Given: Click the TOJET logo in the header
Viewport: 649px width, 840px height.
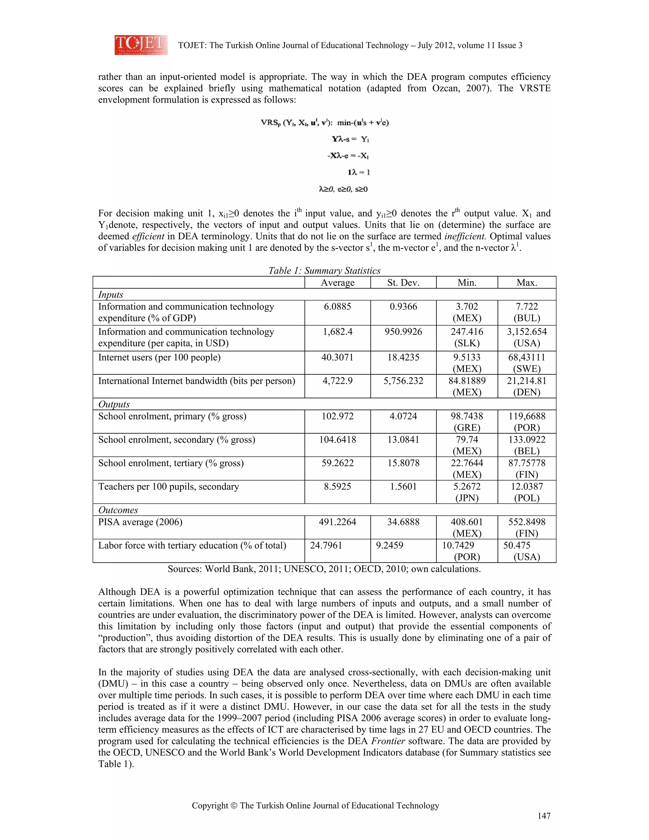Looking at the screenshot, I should click(x=141, y=45).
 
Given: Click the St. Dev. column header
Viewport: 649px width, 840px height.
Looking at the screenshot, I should click(x=403, y=283).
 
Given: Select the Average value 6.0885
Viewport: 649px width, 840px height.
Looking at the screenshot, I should click(x=337, y=307).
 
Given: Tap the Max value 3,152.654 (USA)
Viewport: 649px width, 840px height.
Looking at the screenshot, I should click(x=526, y=337).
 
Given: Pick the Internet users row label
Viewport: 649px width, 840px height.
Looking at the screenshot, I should click(x=159, y=357).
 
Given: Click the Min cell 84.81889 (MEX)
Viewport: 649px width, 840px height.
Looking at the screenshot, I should click(x=467, y=386).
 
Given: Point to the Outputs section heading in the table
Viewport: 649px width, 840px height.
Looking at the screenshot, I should click(x=114, y=404).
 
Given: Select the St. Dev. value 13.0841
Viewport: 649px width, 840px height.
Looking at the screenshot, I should click(x=403, y=440).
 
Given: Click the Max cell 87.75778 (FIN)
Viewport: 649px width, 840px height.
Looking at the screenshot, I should click(x=526, y=468).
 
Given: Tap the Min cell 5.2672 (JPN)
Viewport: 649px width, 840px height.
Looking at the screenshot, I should click(x=467, y=492).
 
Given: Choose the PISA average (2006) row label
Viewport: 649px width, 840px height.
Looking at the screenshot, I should click(x=140, y=522).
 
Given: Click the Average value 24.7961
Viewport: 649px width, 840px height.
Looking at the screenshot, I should click(x=326, y=546).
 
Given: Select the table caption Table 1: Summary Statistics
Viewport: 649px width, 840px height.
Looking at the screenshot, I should click(x=324, y=271).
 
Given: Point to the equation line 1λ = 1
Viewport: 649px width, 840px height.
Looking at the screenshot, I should click(x=358, y=172).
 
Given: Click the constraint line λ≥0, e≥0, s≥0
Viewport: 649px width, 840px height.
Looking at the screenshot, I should click(x=343, y=189).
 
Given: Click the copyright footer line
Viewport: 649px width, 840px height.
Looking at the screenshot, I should click(x=315, y=805).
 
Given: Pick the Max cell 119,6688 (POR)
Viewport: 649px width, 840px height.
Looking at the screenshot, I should click(x=526, y=422).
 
